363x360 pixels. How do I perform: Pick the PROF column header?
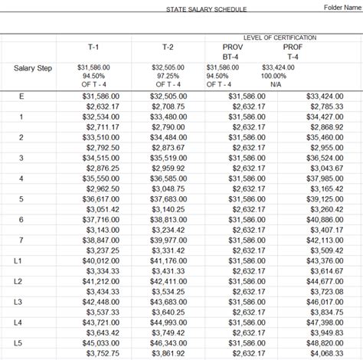tap(293, 47)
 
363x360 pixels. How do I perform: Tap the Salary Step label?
tap(31, 67)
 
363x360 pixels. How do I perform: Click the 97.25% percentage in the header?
tap(168, 76)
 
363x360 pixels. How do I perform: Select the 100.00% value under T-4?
tap(293, 76)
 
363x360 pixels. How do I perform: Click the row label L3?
tap(18, 303)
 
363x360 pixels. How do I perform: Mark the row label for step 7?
tap(21, 240)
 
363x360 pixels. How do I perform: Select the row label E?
tap(21, 96)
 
